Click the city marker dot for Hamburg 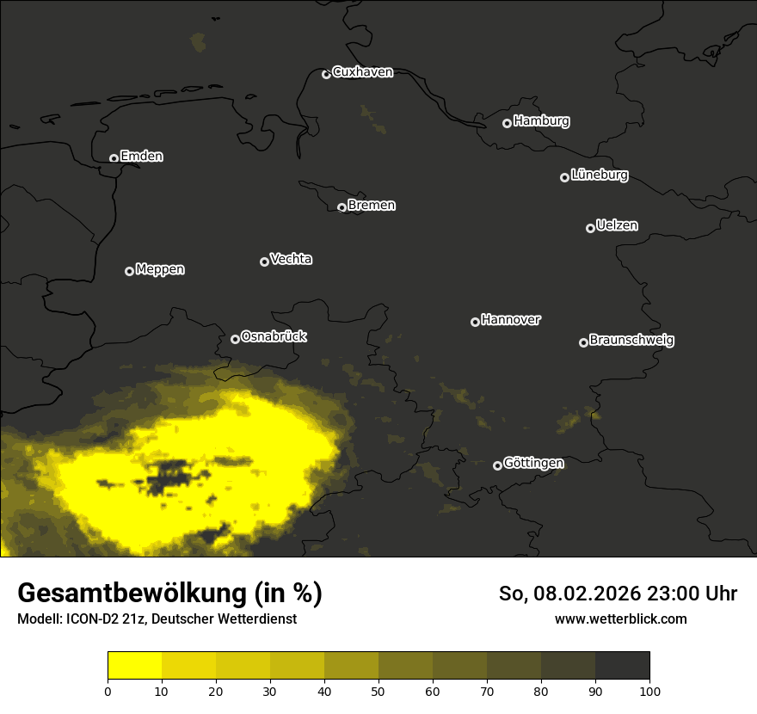click(x=507, y=123)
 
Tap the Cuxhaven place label click(x=362, y=72)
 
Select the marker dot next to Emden click(x=114, y=158)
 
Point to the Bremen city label click(x=372, y=206)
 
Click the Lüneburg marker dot click(x=564, y=177)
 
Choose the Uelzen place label click(x=617, y=225)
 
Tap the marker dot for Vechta click(x=264, y=262)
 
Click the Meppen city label click(x=160, y=269)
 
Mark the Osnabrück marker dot click(x=235, y=339)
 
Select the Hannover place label click(x=511, y=320)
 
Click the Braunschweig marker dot click(x=583, y=342)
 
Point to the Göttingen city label click(x=533, y=464)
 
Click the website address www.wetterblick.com click(x=620, y=619)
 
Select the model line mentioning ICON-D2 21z click(x=157, y=619)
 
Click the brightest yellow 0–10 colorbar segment click(x=134, y=666)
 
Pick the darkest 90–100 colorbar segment click(x=622, y=666)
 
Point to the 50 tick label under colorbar click(x=378, y=691)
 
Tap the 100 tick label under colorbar click(x=649, y=691)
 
